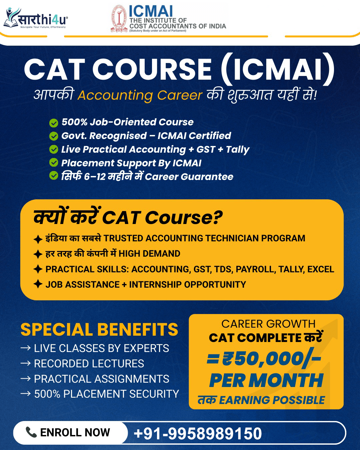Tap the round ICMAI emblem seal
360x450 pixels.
pos(119,19)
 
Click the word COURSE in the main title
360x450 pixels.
pos(152,70)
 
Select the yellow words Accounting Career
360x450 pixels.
pos(140,95)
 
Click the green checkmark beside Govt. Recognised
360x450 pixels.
pos(53,136)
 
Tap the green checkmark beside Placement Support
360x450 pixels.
pos(53,163)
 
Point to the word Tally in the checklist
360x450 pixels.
pos(237,149)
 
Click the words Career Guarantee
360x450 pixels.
pos(189,177)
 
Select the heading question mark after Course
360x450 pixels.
pos(217,218)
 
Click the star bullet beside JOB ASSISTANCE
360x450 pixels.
pos(38,284)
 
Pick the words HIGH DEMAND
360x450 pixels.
pos(149,254)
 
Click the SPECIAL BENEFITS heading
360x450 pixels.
pos(99,330)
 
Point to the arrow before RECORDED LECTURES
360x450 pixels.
pos(26,363)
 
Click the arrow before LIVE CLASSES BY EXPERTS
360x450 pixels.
pos(26,348)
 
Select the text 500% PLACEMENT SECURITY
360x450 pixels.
pos(107,394)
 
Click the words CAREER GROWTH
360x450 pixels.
pos(268,324)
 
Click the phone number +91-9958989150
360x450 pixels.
pos(198,433)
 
